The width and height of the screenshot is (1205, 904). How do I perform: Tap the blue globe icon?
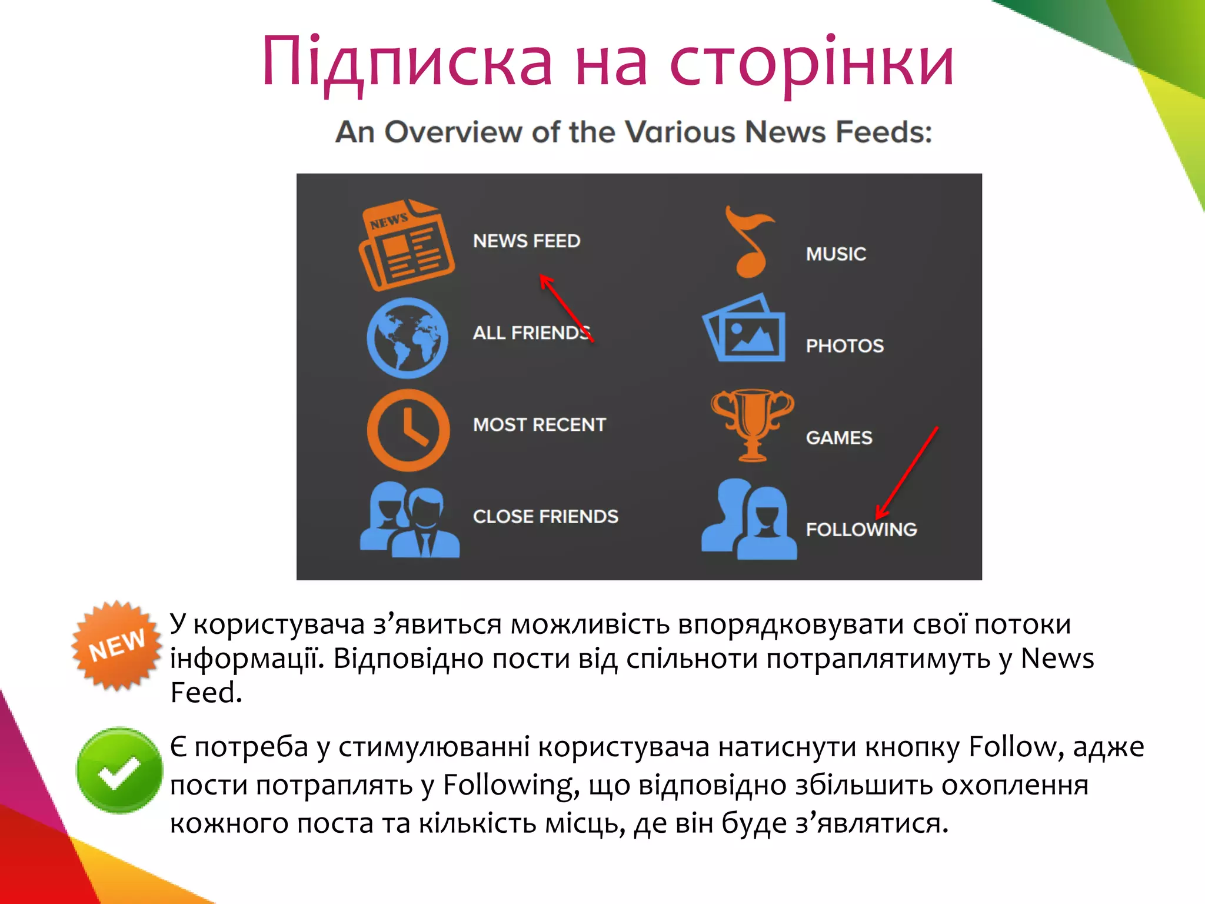pyautogui.click(x=407, y=338)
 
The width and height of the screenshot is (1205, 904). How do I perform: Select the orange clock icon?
pyautogui.click(x=408, y=430)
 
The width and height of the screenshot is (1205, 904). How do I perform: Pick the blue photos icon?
pyautogui.click(x=744, y=328)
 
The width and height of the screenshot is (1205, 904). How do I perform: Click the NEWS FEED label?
pyautogui.click(x=527, y=241)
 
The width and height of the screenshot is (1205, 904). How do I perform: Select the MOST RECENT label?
pyautogui.click(x=539, y=425)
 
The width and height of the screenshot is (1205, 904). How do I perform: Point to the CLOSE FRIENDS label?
pyautogui.click(x=545, y=517)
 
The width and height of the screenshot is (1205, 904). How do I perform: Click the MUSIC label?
pyautogui.click(x=835, y=254)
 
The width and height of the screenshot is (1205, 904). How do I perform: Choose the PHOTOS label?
pyautogui.click(x=844, y=346)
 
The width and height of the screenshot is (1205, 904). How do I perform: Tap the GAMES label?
pyautogui.click(x=839, y=438)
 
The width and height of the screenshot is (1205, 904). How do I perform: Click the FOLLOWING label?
pyautogui.click(x=861, y=530)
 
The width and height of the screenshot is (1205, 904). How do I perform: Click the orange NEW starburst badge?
pyautogui.click(x=116, y=645)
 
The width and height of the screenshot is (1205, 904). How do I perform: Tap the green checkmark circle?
pyautogui.click(x=119, y=770)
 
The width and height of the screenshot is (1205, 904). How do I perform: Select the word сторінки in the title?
pyautogui.click(x=811, y=62)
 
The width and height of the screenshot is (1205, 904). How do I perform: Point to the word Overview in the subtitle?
pyautogui.click(x=453, y=132)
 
